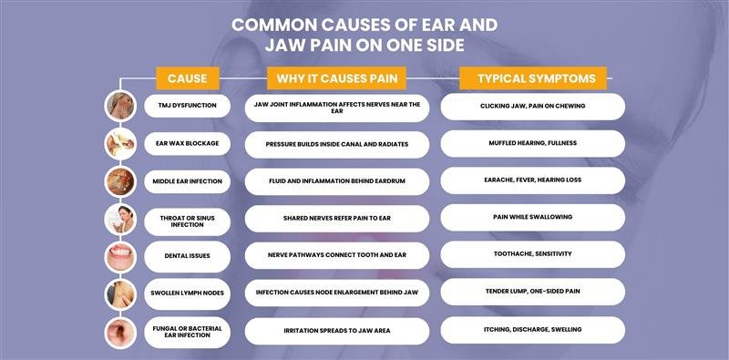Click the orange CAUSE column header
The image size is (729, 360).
pos(187,78)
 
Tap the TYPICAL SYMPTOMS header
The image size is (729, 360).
pos(532,78)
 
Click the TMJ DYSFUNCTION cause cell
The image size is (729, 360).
pos(188,107)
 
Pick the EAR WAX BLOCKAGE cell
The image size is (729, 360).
pos(188,144)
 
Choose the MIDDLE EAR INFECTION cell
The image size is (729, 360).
pos(188,181)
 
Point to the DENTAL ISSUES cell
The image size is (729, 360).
pos(188,256)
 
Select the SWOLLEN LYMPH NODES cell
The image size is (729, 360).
pos(188,293)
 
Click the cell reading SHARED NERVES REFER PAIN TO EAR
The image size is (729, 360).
pos(337,219)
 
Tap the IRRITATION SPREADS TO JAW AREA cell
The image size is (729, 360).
pos(337,330)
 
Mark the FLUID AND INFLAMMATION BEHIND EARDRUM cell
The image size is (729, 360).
pos(337,181)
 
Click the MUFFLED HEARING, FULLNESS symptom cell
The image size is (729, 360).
pos(532,143)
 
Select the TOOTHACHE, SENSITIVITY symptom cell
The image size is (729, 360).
pos(532,254)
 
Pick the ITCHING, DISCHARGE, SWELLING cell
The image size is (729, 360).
pos(532,329)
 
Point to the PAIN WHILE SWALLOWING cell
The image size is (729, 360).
pos(532,218)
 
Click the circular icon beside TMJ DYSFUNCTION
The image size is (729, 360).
pos(119,106)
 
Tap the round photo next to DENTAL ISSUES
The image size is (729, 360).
pos(119,255)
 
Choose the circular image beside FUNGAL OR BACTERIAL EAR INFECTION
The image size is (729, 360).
pos(119,331)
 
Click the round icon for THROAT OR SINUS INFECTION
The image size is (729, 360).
pos(119,219)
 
